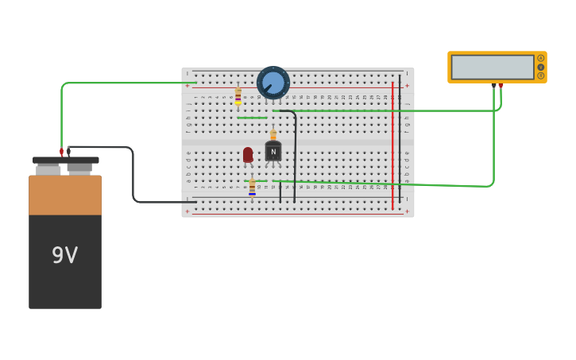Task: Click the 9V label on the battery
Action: [64, 255]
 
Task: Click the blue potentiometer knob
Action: [273, 83]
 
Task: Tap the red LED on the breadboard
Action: [248, 154]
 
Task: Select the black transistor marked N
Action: [273, 151]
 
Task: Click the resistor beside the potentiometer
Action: [238, 97]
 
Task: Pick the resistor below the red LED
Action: [253, 188]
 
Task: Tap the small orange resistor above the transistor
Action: [273, 134]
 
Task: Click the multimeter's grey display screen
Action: [493, 67]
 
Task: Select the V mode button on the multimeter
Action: [541, 67]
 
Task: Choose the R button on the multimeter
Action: [541, 75]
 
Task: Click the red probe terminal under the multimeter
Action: [501, 86]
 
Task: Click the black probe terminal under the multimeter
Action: [493, 86]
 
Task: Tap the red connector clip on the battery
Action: [61, 151]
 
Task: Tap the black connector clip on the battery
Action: [69, 151]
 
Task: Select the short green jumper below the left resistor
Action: [252, 118]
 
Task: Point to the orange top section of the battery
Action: [65, 195]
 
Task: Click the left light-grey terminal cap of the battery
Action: [48, 169]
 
